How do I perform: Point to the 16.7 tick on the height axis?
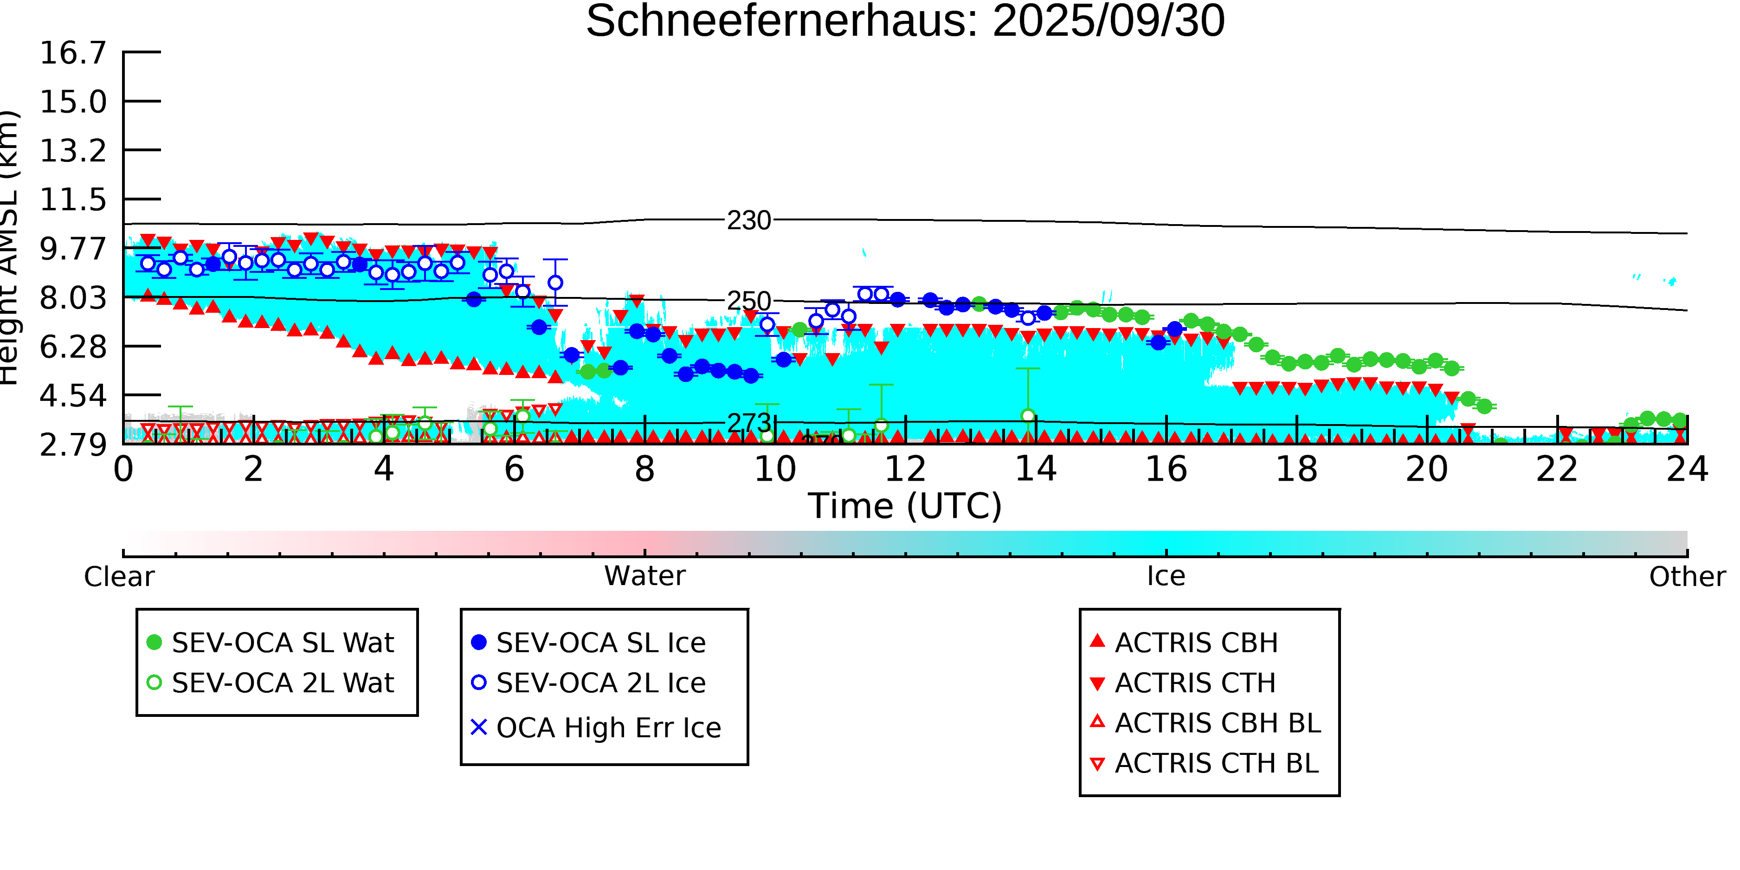pyautogui.click(x=73, y=53)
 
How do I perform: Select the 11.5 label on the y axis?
pyautogui.click(x=73, y=200)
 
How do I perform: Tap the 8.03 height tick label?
pyautogui.click(x=73, y=298)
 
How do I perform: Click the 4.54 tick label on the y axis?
pyautogui.click(x=73, y=396)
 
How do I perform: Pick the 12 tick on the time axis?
pyautogui.click(x=905, y=470)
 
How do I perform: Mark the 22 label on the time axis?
pyautogui.click(x=1557, y=470)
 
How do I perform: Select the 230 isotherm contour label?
pyautogui.click(x=748, y=221)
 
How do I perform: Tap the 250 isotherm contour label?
pyautogui.click(x=748, y=301)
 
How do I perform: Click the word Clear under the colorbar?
pyautogui.click(x=119, y=577)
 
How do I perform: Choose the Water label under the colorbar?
pyautogui.click(x=644, y=576)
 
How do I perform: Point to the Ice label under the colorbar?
pyautogui.click(x=1166, y=576)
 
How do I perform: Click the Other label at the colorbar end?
pyautogui.click(x=1687, y=577)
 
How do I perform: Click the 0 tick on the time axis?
pyautogui.click(x=123, y=470)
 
